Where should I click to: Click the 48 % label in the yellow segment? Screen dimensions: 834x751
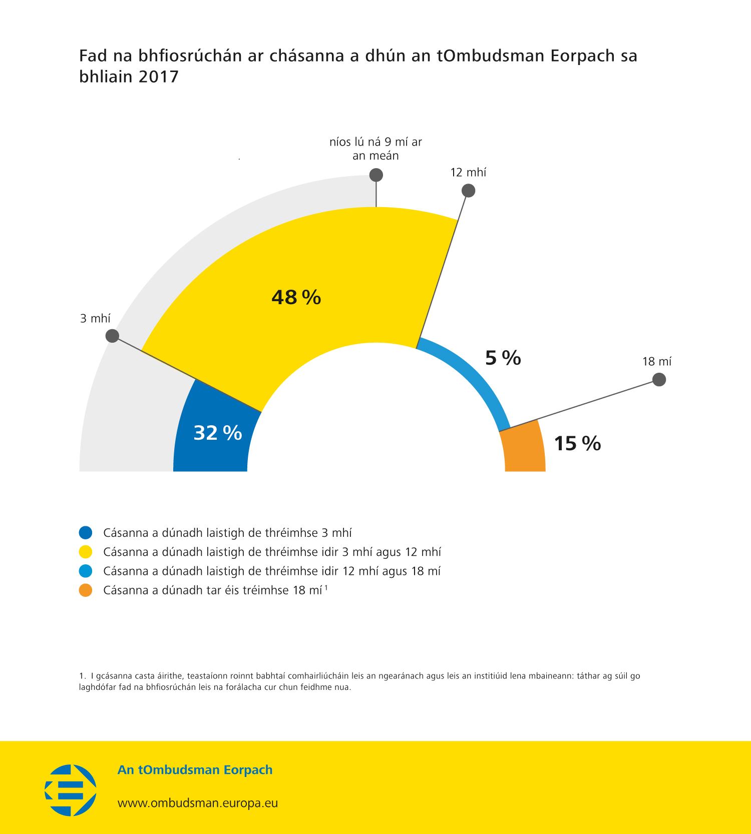[x=296, y=298]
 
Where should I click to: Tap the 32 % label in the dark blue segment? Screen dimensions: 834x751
[x=218, y=433]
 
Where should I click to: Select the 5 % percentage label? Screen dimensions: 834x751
[x=503, y=358]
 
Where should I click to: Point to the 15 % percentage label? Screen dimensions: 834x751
[x=577, y=444]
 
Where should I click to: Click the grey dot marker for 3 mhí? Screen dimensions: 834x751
[x=113, y=336]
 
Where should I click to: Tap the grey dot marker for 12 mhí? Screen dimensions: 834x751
[x=468, y=191]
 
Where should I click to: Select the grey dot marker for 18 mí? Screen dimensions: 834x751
[x=659, y=380]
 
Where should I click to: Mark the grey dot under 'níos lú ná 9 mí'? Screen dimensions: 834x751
[x=376, y=175]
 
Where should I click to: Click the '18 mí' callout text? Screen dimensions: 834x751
[x=657, y=362]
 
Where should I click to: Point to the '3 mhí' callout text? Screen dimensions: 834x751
[x=95, y=319]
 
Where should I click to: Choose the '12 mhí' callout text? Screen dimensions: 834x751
[x=468, y=173]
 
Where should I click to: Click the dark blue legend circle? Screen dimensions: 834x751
[x=86, y=533]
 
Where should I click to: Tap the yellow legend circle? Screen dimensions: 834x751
[x=86, y=552]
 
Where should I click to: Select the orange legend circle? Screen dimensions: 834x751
[x=86, y=590]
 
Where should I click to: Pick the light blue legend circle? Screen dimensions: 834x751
[x=86, y=571]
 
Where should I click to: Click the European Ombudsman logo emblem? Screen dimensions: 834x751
[x=71, y=790]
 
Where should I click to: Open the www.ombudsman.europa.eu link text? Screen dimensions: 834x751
[x=198, y=803]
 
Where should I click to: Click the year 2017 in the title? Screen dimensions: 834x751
[x=159, y=77]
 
